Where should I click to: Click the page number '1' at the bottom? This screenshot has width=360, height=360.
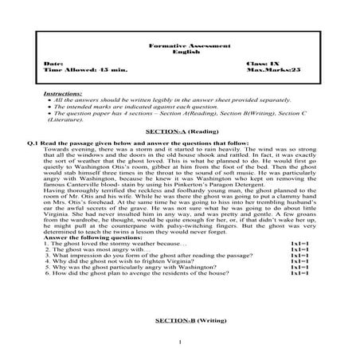click(x=182, y=343)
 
